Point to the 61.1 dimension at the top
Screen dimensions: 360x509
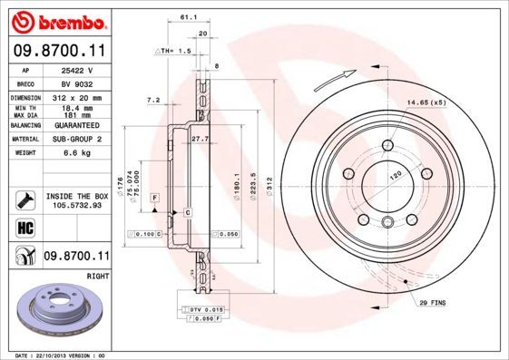(184, 18)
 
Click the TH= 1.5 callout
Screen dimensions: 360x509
(174, 52)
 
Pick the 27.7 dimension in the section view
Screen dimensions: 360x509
(200, 139)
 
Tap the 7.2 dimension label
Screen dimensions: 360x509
(152, 100)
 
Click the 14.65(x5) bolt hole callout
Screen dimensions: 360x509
(426, 102)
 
